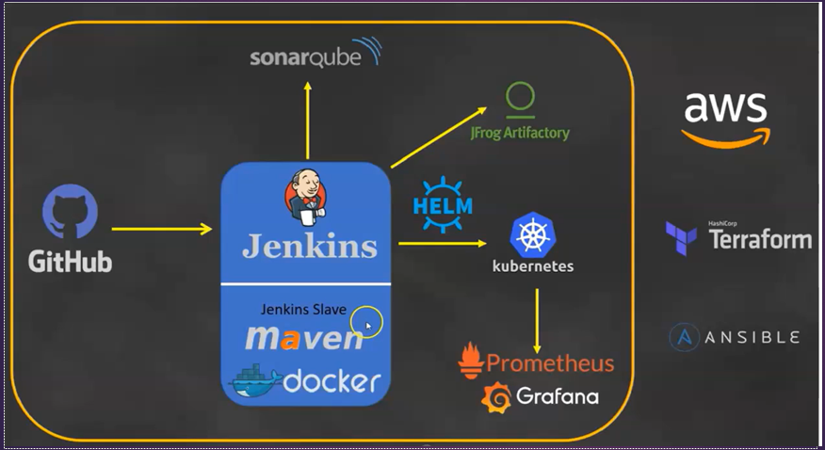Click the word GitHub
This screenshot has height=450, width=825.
70,261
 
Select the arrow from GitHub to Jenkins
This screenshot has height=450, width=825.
161,229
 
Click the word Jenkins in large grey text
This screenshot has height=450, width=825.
309,246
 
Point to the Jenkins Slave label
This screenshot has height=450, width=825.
303,309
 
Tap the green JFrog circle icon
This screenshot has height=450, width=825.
520,97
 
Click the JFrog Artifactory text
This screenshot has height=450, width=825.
520,133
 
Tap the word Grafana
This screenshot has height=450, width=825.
557,396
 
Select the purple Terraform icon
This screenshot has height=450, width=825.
680,238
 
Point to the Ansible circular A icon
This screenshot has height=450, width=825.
684,337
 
